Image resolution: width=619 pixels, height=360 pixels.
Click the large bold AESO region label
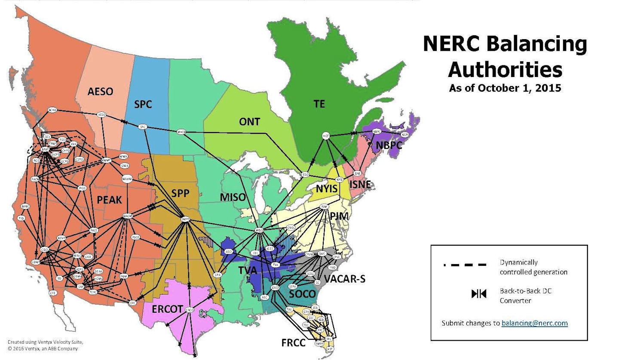click(101, 92)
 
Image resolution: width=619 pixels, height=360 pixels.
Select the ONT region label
click(250, 122)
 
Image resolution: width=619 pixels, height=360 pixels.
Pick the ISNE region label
click(364, 185)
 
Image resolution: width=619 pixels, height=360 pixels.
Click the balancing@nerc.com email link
click(534, 323)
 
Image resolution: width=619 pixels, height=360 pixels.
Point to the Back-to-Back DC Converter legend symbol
click(478, 294)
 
